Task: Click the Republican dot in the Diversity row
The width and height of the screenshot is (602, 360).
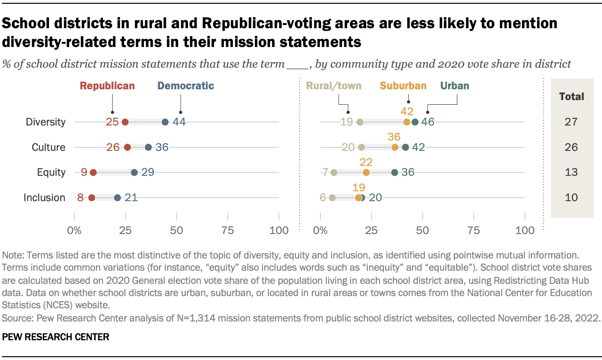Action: pyautogui.click(x=125, y=122)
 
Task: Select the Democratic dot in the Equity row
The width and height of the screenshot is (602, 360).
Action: pyautogui.click(x=135, y=172)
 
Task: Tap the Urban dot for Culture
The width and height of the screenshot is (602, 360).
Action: pyautogui.click(x=405, y=147)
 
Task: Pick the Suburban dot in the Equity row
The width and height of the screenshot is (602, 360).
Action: pyautogui.click(x=366, y=172)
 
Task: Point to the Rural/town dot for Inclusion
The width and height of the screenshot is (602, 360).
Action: pyautogui.click(x=333, y=197)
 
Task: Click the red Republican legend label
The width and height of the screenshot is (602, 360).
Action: pyautogui.click(x=107, y=86)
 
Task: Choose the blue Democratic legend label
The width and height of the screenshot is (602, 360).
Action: pyautogui.click(x=186, y=86)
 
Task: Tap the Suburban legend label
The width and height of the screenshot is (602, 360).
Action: pyautogui.click(x=403, y=86)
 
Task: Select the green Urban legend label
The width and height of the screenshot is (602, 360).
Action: pyautogui.click(x=454, y=86)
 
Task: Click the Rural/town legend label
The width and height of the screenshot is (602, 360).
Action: pyautogui.click(x=334, y=86)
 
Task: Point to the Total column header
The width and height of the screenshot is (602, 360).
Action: pyautogui.click(x=571, y=97)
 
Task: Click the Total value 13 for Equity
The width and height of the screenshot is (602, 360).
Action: pyautogui.click(x=571, y=172)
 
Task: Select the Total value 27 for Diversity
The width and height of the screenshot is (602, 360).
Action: pyautogui.click(x=571, y=122)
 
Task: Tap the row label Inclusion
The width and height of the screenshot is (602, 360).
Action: pyautogui.click(x=45, y=197)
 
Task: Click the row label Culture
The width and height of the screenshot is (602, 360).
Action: pyautogui.click(x=48, y=147)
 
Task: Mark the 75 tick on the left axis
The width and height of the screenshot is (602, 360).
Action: pyautogui.click(x=228, y=231)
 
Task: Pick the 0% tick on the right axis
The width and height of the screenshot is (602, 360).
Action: pyautogui.click(x=320, y=231)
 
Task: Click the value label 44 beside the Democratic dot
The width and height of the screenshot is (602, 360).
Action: pyautogui.click(x=179, y=122)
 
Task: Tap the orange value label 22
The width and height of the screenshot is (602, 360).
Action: pyautogui.click(x=366, y=162)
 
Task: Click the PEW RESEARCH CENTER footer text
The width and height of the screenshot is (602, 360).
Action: pyautogui.click(x=56, y=337)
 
